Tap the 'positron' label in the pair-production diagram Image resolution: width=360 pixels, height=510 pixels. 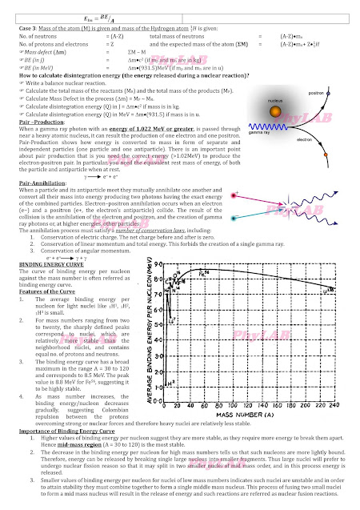coord(316,93)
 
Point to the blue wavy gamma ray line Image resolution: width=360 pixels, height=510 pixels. coord(281,126)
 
